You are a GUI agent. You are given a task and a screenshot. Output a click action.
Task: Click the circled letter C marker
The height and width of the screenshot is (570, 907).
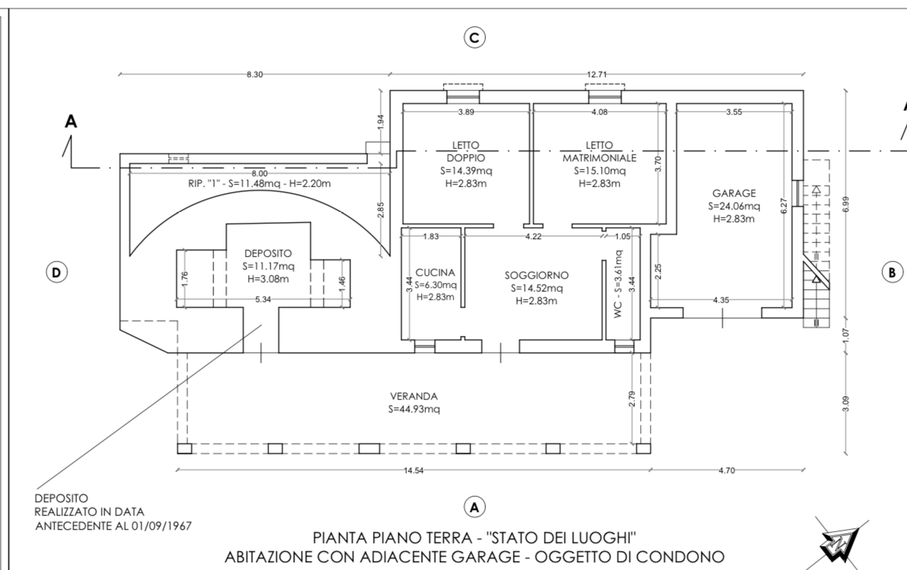pyautogui.click(x=474, y=37)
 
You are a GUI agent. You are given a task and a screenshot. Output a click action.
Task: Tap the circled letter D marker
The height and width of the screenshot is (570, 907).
pyautogui.click(x=57, y=272)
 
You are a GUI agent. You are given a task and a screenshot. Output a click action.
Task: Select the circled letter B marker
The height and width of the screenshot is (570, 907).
pyautogui.click(x=892, y=272)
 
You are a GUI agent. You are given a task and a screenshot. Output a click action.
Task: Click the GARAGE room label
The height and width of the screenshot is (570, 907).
pyautogui.click(x=734, y=193)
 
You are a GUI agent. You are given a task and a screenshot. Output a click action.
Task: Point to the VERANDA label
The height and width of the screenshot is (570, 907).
pyautogui.click(x=414, y=396)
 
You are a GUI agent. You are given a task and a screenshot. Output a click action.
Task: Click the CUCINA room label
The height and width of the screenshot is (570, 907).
pyautogui.click(x=435, y=272)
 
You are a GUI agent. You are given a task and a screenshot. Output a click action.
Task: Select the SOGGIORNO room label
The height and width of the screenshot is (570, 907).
pyautogui.click(x=537, y=275)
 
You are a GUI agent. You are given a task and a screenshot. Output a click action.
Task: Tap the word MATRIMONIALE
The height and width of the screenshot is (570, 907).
pyautogui.click(x=599, y=158)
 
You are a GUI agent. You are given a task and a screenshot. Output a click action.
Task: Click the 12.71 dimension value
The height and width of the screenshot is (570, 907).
pyautogui.click(x=597, y=74)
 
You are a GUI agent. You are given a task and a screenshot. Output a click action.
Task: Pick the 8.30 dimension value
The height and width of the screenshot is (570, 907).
pyautogui.click(x=255, y=74)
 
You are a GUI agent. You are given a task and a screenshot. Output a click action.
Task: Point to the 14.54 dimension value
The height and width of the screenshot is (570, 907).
pyautogui.click(x=413, y=470)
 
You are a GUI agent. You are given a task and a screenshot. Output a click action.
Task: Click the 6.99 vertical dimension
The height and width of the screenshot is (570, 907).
pyautogui.click(x=846, y=204)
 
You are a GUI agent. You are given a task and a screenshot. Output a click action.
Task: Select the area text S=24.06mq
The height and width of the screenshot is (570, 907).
pyautogui.click(x=734, y=206)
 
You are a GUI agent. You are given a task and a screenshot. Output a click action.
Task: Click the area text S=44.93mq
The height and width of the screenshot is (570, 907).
pyautogui.click(x=414, y=409)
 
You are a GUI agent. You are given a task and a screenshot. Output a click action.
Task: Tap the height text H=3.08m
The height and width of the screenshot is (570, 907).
pyautogui.click(x=268, y=279)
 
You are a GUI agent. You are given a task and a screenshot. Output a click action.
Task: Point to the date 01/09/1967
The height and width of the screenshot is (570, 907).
pyautogui.click(x=161, y=526)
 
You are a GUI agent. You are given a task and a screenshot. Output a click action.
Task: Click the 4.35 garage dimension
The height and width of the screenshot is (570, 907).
pyautogui.click(x=721, y=300)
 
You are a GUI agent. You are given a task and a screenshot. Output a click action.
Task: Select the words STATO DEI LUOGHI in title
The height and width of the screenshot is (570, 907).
pyautogui.click(x=561, y=538)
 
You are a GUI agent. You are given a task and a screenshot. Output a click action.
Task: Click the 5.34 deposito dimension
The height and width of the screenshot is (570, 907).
pyautogui.click(x=263, y=300)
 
